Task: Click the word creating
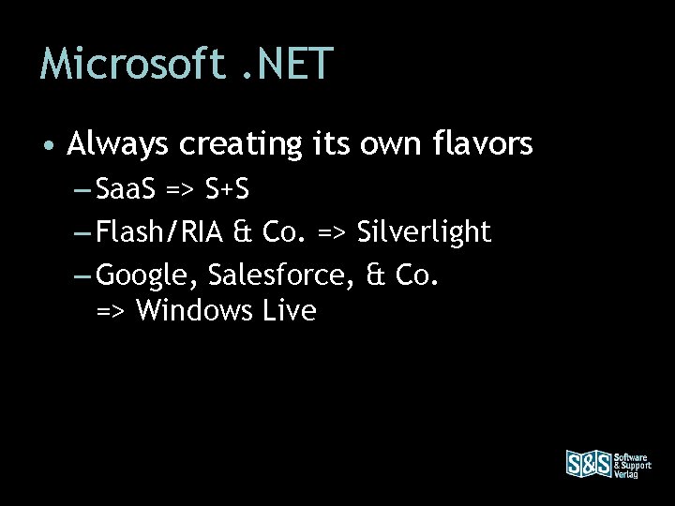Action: [242, 146]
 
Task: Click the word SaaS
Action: [128, 191]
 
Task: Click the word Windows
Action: [192, 310]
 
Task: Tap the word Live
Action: [289, 310]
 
